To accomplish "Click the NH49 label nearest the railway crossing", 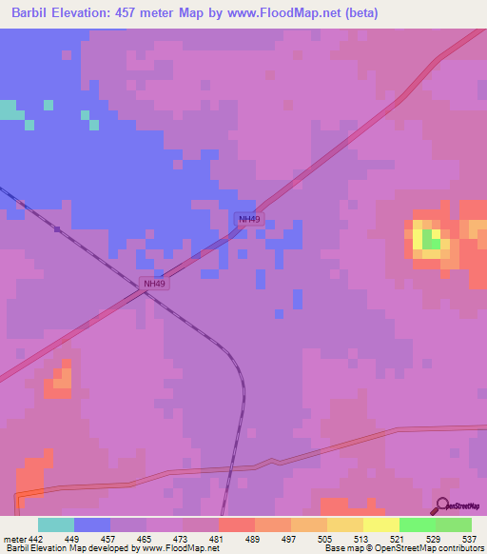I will pyautogui.click(x=154, y=284).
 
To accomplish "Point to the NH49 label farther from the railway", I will pyautogui.click(x=249, y=219).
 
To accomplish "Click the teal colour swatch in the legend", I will pyautogui.click(x=56, y=524).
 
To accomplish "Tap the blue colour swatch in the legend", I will pyautogui.click(x=92, y=524).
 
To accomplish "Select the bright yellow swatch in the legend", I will pyautogui.click(x=381, y=524).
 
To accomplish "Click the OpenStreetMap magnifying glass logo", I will pyautogui.click(x=443, y=506).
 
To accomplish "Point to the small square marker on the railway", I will pyautogui.click(x=58, y=228).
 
